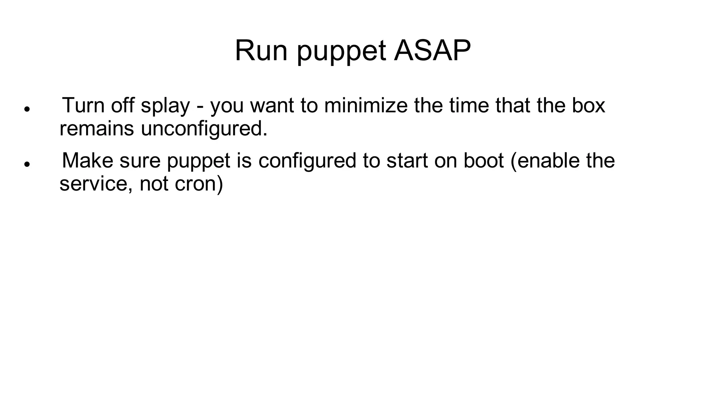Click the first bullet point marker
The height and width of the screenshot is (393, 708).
coord(27,109)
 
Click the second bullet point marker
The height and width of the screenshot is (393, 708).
coord(27,164)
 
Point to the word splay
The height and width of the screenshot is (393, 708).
coord(165,106)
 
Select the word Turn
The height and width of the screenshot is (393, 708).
coord(83,105)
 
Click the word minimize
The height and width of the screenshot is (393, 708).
coord(366,105)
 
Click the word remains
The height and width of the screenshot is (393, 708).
coord(96,129)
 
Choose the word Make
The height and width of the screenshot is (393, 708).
coord(87,161)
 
